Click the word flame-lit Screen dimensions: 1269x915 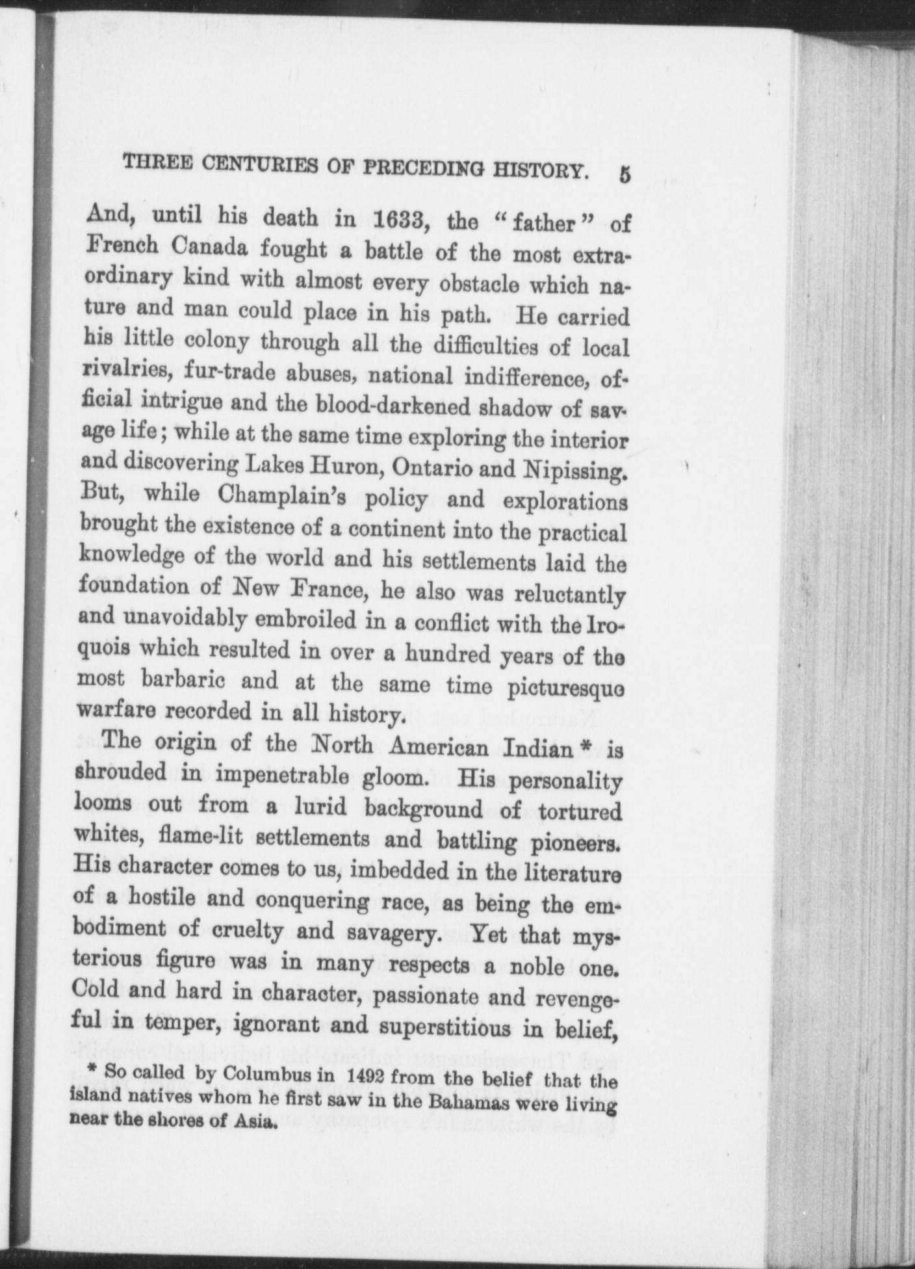coord(201,835)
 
